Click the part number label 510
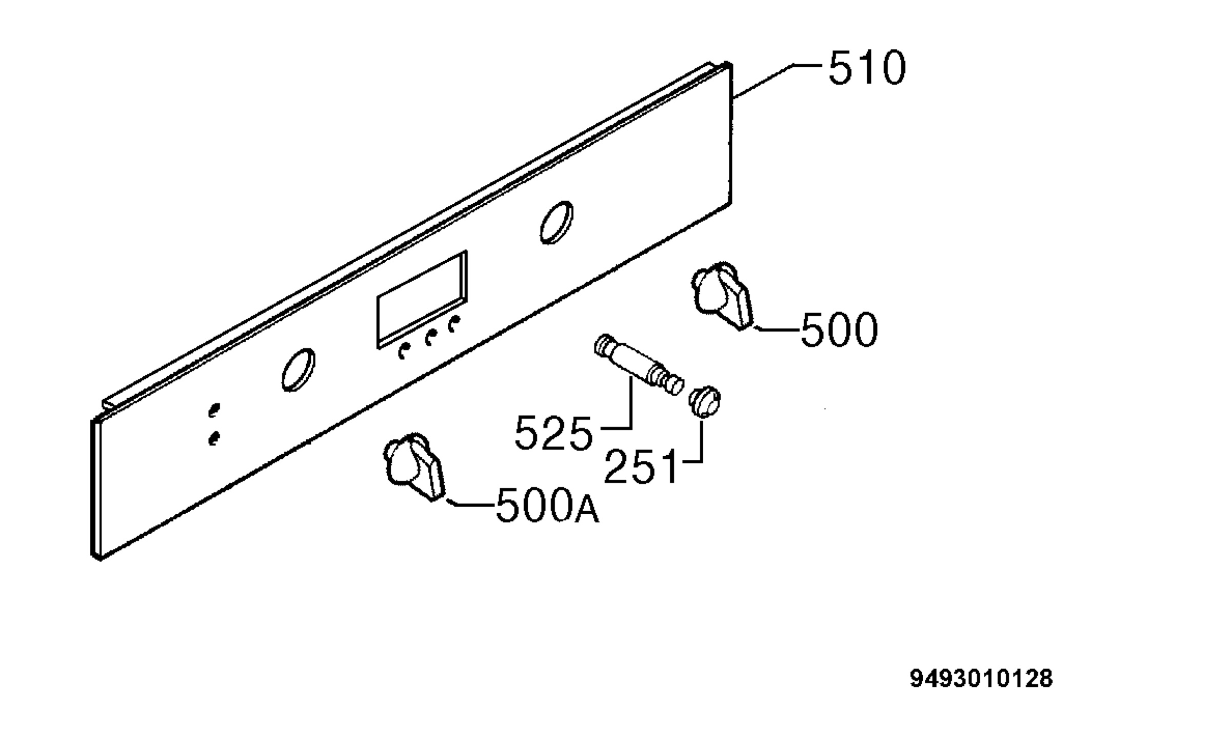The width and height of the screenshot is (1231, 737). tap(867, 68)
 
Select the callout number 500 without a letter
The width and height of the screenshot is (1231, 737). tap(839, 329)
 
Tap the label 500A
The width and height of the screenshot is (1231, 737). tap(547, 505)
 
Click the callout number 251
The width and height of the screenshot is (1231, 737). tap(641, 467)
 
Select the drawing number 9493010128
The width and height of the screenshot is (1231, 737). tap(981, 678)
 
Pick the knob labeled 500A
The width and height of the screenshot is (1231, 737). tap(414, 467)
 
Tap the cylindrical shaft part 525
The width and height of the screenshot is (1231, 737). tap(639, 364)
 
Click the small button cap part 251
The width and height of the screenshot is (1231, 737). tap(705, 401)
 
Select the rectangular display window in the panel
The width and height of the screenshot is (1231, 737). tap(422, 299)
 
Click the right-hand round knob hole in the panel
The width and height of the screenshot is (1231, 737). tap(557, 222)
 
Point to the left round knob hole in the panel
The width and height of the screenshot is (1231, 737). tap(298, 370)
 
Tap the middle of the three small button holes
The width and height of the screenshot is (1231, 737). tap(431, 337)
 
